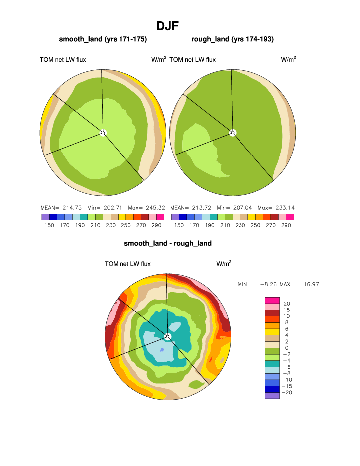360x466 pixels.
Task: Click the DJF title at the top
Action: pos(168,25)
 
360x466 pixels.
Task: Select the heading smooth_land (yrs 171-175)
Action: pos(103,39)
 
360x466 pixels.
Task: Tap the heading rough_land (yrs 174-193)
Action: pos(233,39)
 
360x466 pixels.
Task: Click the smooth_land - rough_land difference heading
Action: pos(168,243)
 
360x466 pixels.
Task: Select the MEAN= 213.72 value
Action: pos(187,208)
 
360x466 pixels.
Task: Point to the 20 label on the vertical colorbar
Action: pos(287,304)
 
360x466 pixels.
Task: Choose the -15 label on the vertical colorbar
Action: pos(287,386)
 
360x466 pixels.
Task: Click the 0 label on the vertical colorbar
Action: pos(285,348)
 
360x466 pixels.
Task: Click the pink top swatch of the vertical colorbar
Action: pos(272,300)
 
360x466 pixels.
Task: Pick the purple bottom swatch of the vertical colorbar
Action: pos(272,396)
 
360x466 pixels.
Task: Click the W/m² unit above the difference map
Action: pos(224,264)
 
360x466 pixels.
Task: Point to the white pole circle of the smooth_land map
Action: pos(103,132)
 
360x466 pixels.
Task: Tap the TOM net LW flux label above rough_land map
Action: pos(193,60)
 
